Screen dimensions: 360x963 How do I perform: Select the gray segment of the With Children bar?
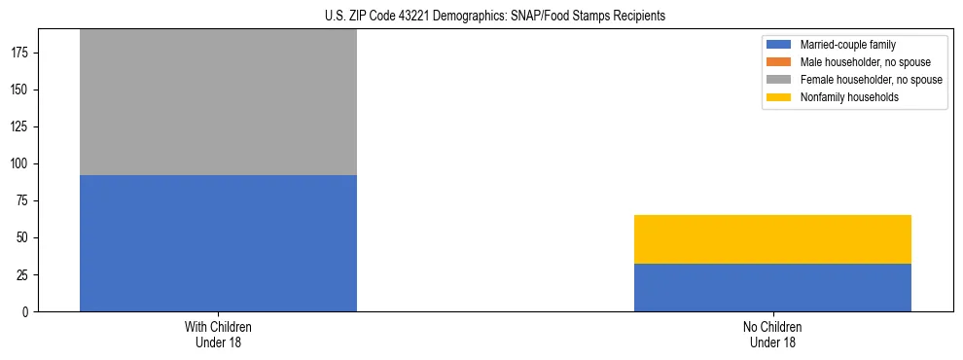(x=218, y=102)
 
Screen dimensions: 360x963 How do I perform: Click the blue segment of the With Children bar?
(x=218, y=243)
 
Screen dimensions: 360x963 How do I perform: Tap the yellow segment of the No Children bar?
(x=772, y=239)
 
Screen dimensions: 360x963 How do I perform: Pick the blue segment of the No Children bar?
(x=772, y=288)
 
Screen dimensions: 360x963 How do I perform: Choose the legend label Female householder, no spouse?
(x=871, y=80)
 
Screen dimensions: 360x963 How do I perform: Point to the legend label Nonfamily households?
(x=849, y=97)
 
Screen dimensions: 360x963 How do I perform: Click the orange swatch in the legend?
(x=779, y=62)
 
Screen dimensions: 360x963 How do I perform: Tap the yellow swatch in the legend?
(x=779, y=97)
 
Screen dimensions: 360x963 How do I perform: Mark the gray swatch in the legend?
(x=779, y=80)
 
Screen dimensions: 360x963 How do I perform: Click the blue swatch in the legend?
(x=779, y=45)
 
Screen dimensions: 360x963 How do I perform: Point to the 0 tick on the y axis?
(x=26, y=312)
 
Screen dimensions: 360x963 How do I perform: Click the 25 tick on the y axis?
(x=23, y=275)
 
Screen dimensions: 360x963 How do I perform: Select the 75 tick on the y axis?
(x=23, y=201)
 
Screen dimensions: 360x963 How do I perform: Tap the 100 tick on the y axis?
(x=20, y=164)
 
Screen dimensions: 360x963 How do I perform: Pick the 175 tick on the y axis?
(x=20, y=54)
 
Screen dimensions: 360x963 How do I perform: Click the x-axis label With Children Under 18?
(x=218, y=335)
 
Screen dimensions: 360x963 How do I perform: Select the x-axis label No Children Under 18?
(x=772, y=335)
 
